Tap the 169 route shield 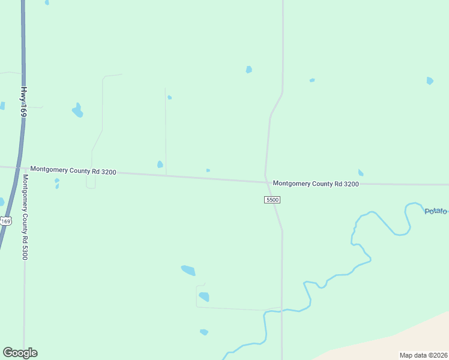click(5, 221)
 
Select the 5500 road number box click(273, 199)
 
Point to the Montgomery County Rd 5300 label click(25, 217)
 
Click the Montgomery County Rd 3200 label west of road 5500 click(73, 171)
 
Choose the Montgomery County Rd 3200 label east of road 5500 click(316, 184)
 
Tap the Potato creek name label click(436, 211)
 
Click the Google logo click(20, 353)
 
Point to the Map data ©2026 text click(424, 355)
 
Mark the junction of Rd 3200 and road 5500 click(266, 182)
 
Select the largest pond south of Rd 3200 click(188, 270)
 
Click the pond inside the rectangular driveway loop click(204, 296)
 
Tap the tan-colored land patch click(396, 342)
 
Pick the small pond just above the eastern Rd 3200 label click(360, 173)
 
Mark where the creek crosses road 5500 click(282, 310)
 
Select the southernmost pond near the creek click(204, 332)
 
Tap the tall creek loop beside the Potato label click(408, 217)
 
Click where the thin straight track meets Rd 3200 click(166, 175)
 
